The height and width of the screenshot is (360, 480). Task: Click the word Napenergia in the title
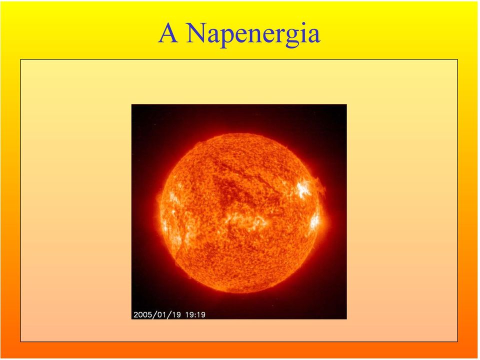click(x=253, y=33)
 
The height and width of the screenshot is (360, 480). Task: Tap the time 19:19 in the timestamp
click(x=195, y=314)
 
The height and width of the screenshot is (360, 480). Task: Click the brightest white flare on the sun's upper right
click(x=303, y=189)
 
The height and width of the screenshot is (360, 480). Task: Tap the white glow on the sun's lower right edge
click(x=314, y=221)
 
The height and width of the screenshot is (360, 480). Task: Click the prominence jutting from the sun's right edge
click(x=321, y=186)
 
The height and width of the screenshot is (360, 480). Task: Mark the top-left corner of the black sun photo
click(x=131, y=104)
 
